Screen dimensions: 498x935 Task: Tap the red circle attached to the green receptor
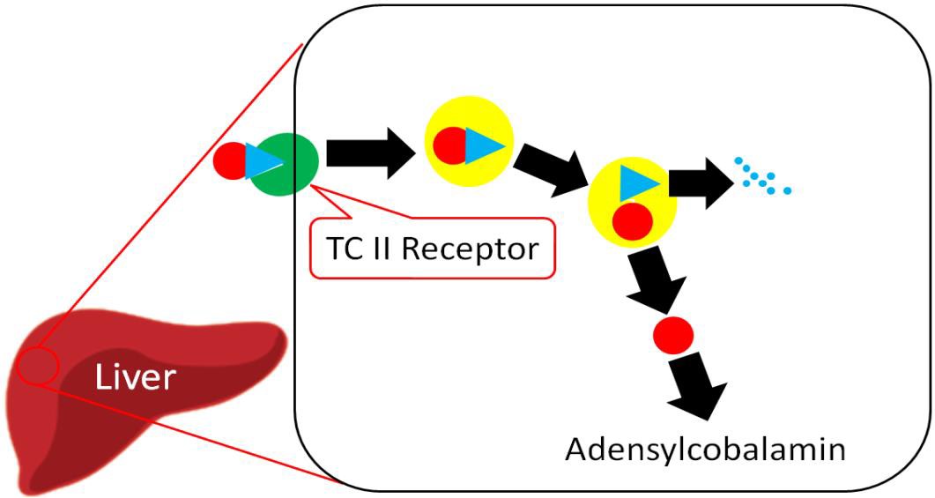[x=229, y=162]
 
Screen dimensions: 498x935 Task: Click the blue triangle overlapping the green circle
[x=262, y=162]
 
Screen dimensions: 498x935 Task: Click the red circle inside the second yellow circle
[x=633, y=221]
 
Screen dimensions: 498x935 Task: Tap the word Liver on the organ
[x=136, y=378]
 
